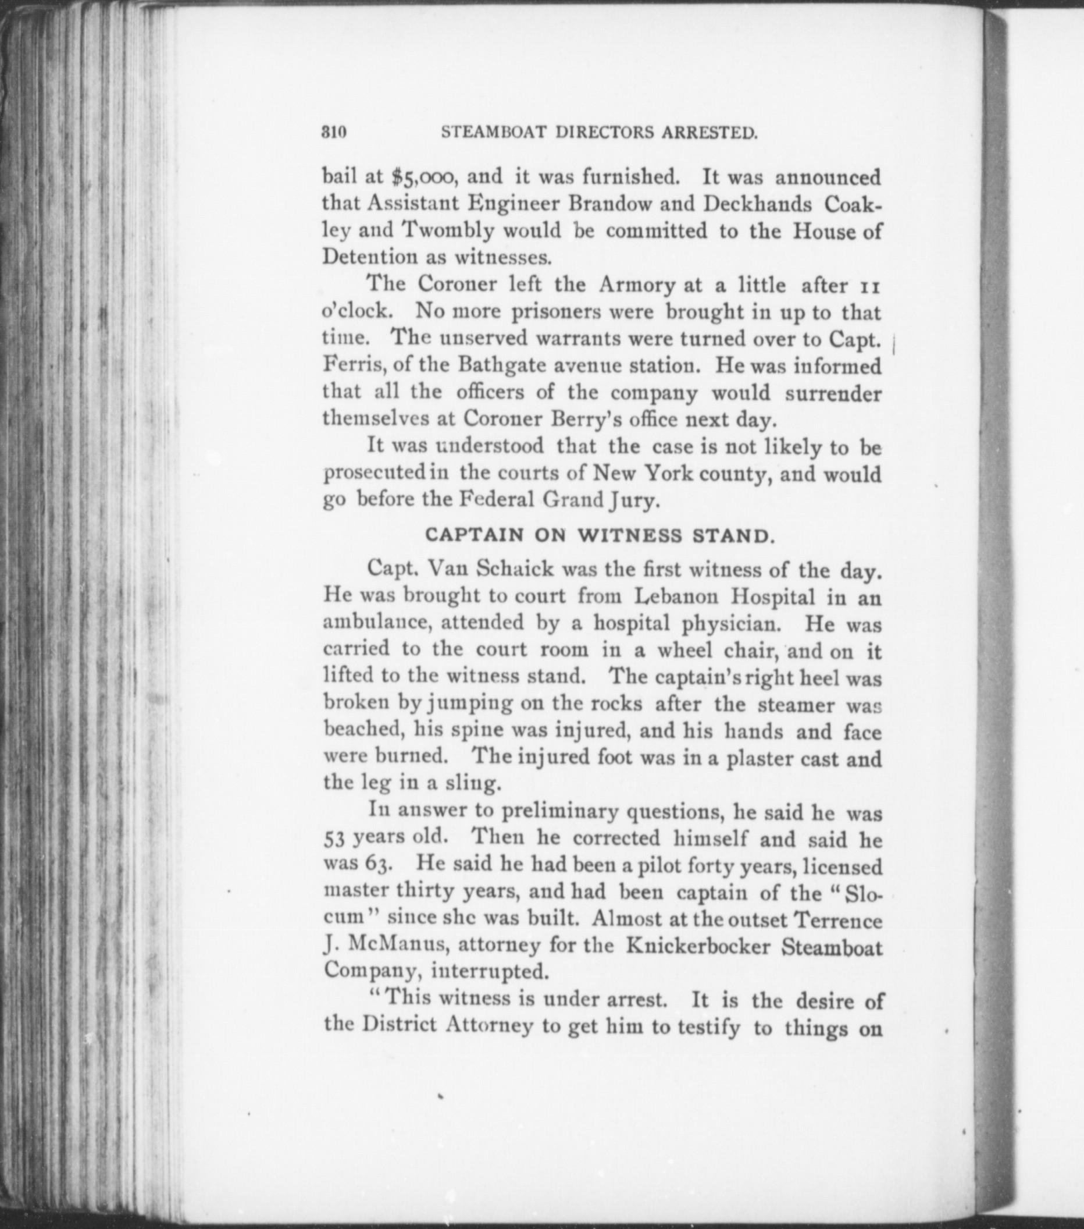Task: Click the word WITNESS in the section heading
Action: pyautogui.click(x=630, y=535)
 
